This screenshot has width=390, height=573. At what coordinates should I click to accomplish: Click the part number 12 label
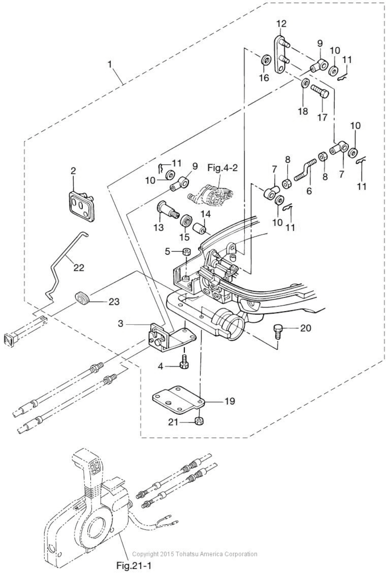click(x=281, y=24)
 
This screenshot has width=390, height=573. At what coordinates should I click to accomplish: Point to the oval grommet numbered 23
click(x=82, y=298)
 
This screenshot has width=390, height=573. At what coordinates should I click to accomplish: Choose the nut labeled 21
click(x=199, y=420)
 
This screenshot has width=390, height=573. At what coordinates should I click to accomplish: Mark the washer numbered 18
click(x=303, y=84)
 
